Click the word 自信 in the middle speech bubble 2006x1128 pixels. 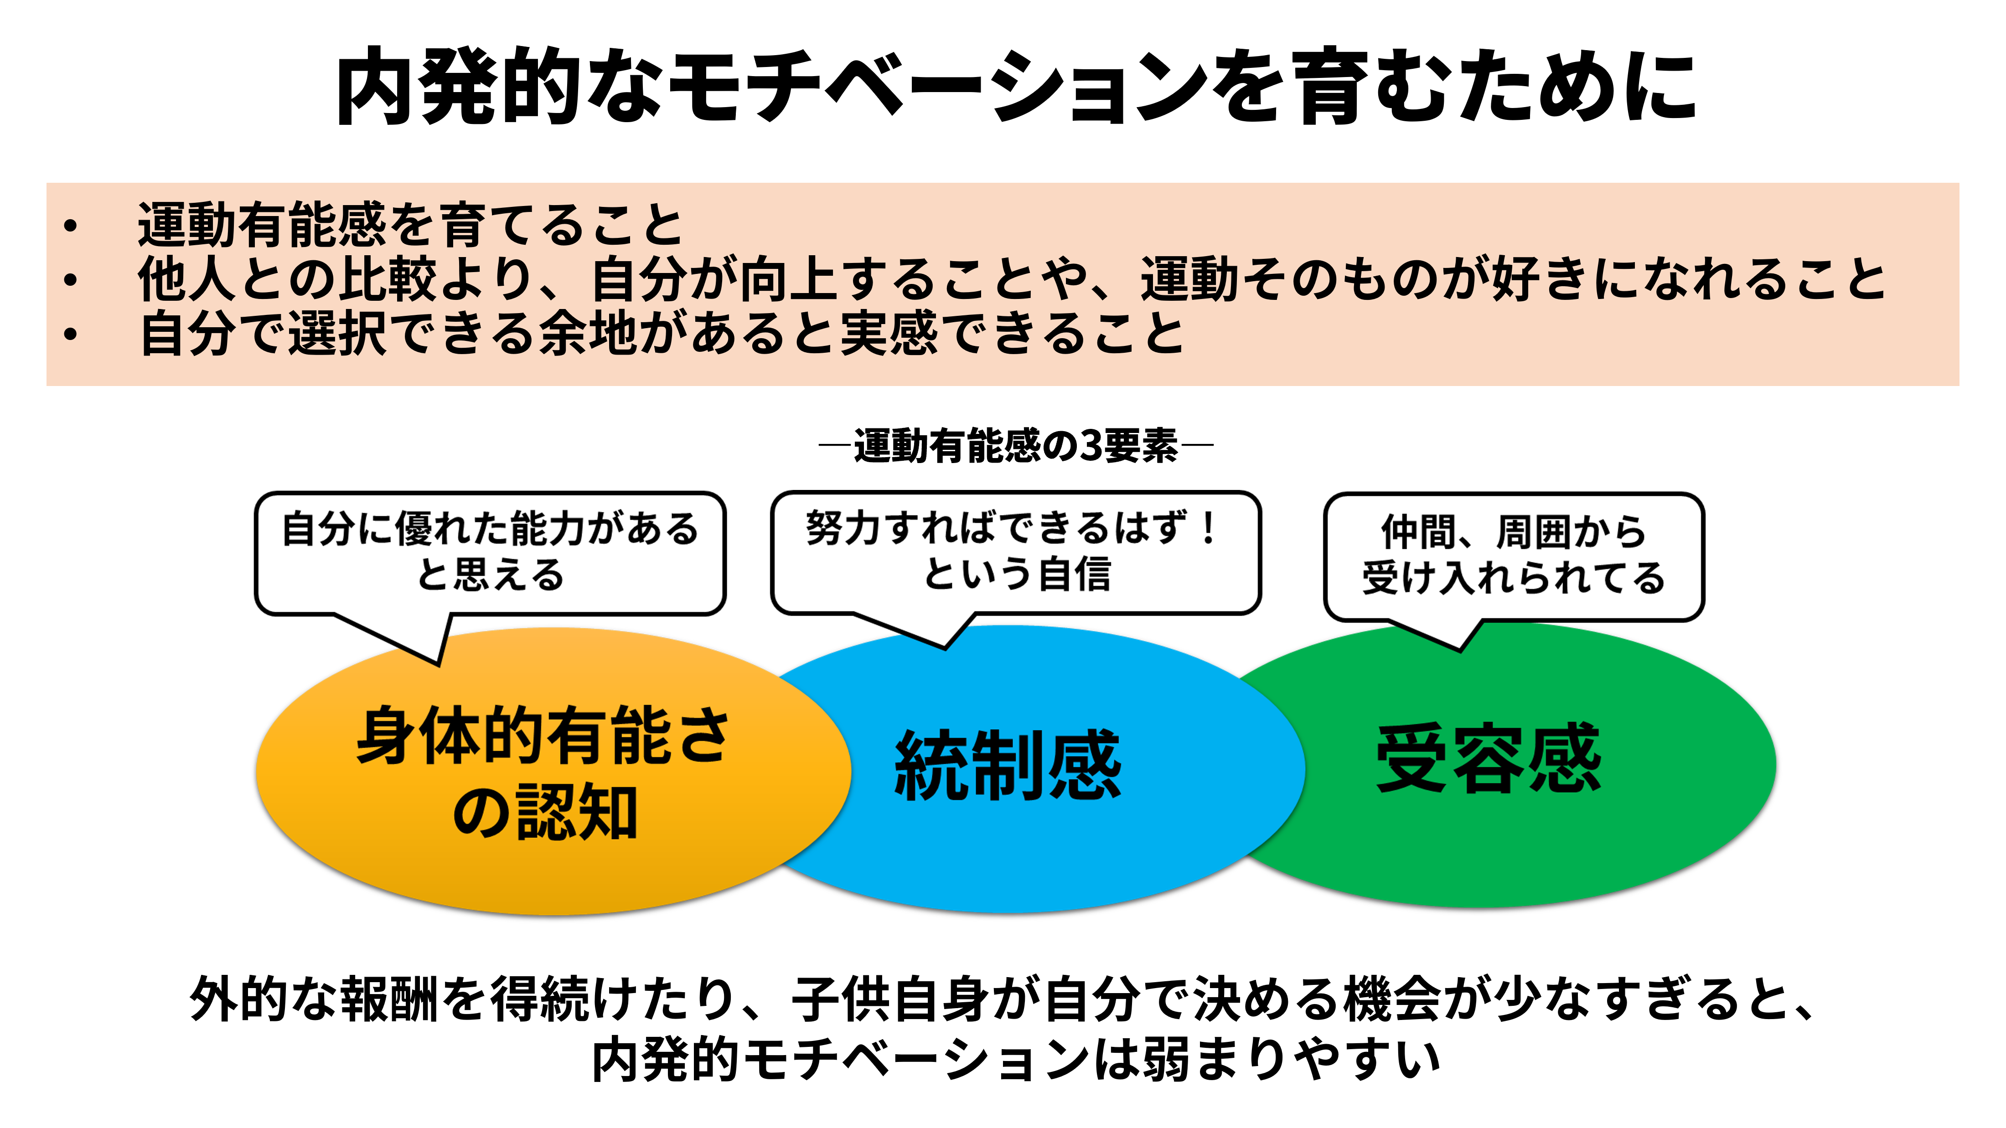1075,575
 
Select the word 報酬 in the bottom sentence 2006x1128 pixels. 389,999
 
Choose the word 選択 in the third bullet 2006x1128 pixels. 339,334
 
